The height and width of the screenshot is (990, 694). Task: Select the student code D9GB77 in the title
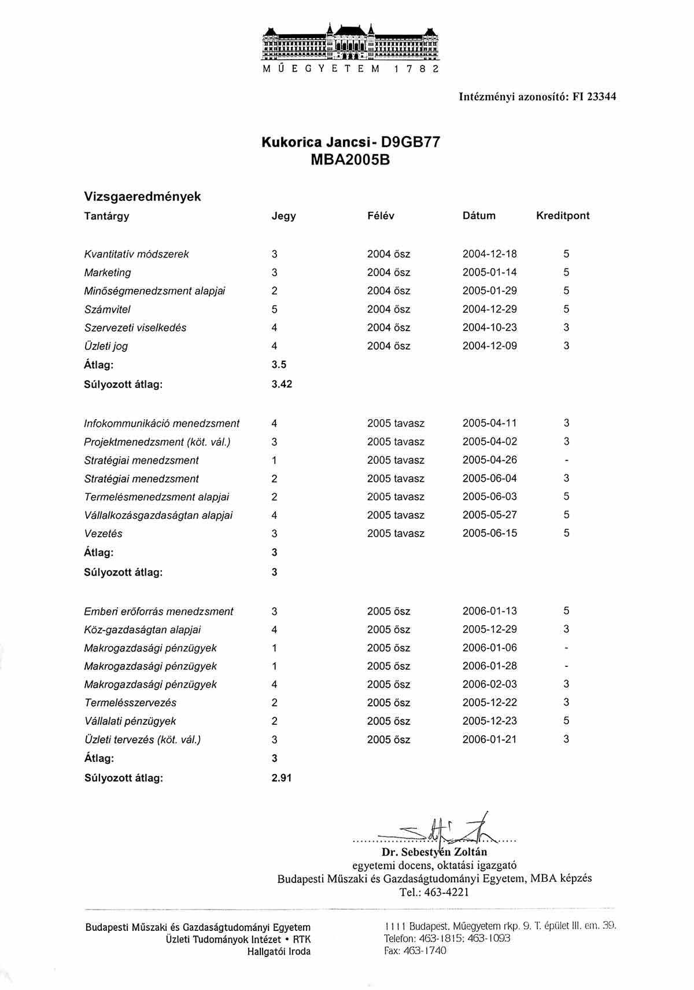coord(407,142)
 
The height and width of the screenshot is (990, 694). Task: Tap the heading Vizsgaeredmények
coord(142,196)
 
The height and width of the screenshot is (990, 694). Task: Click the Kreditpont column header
coord(563,215)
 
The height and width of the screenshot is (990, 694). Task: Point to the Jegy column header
coord(283,216)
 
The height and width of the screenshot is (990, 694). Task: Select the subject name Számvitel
coord(108,309)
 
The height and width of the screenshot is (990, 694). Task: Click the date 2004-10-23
coord(489,328)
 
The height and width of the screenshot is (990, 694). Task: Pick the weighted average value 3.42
coord(282,384)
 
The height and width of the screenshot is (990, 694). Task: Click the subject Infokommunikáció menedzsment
coord(162,423)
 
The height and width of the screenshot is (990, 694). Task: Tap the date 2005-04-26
coord(489,460)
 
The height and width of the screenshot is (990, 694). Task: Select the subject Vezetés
coord(104,533)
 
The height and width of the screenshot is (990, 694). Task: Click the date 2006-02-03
coord(489,684)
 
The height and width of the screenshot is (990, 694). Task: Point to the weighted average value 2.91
coord(282,778)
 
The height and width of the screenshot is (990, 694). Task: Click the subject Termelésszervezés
coord(130,702)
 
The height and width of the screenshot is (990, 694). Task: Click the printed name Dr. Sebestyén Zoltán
coord(434,852)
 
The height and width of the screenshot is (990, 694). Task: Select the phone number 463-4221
coord(446,892)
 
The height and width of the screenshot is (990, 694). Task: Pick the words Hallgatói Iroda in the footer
coord(279,951)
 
